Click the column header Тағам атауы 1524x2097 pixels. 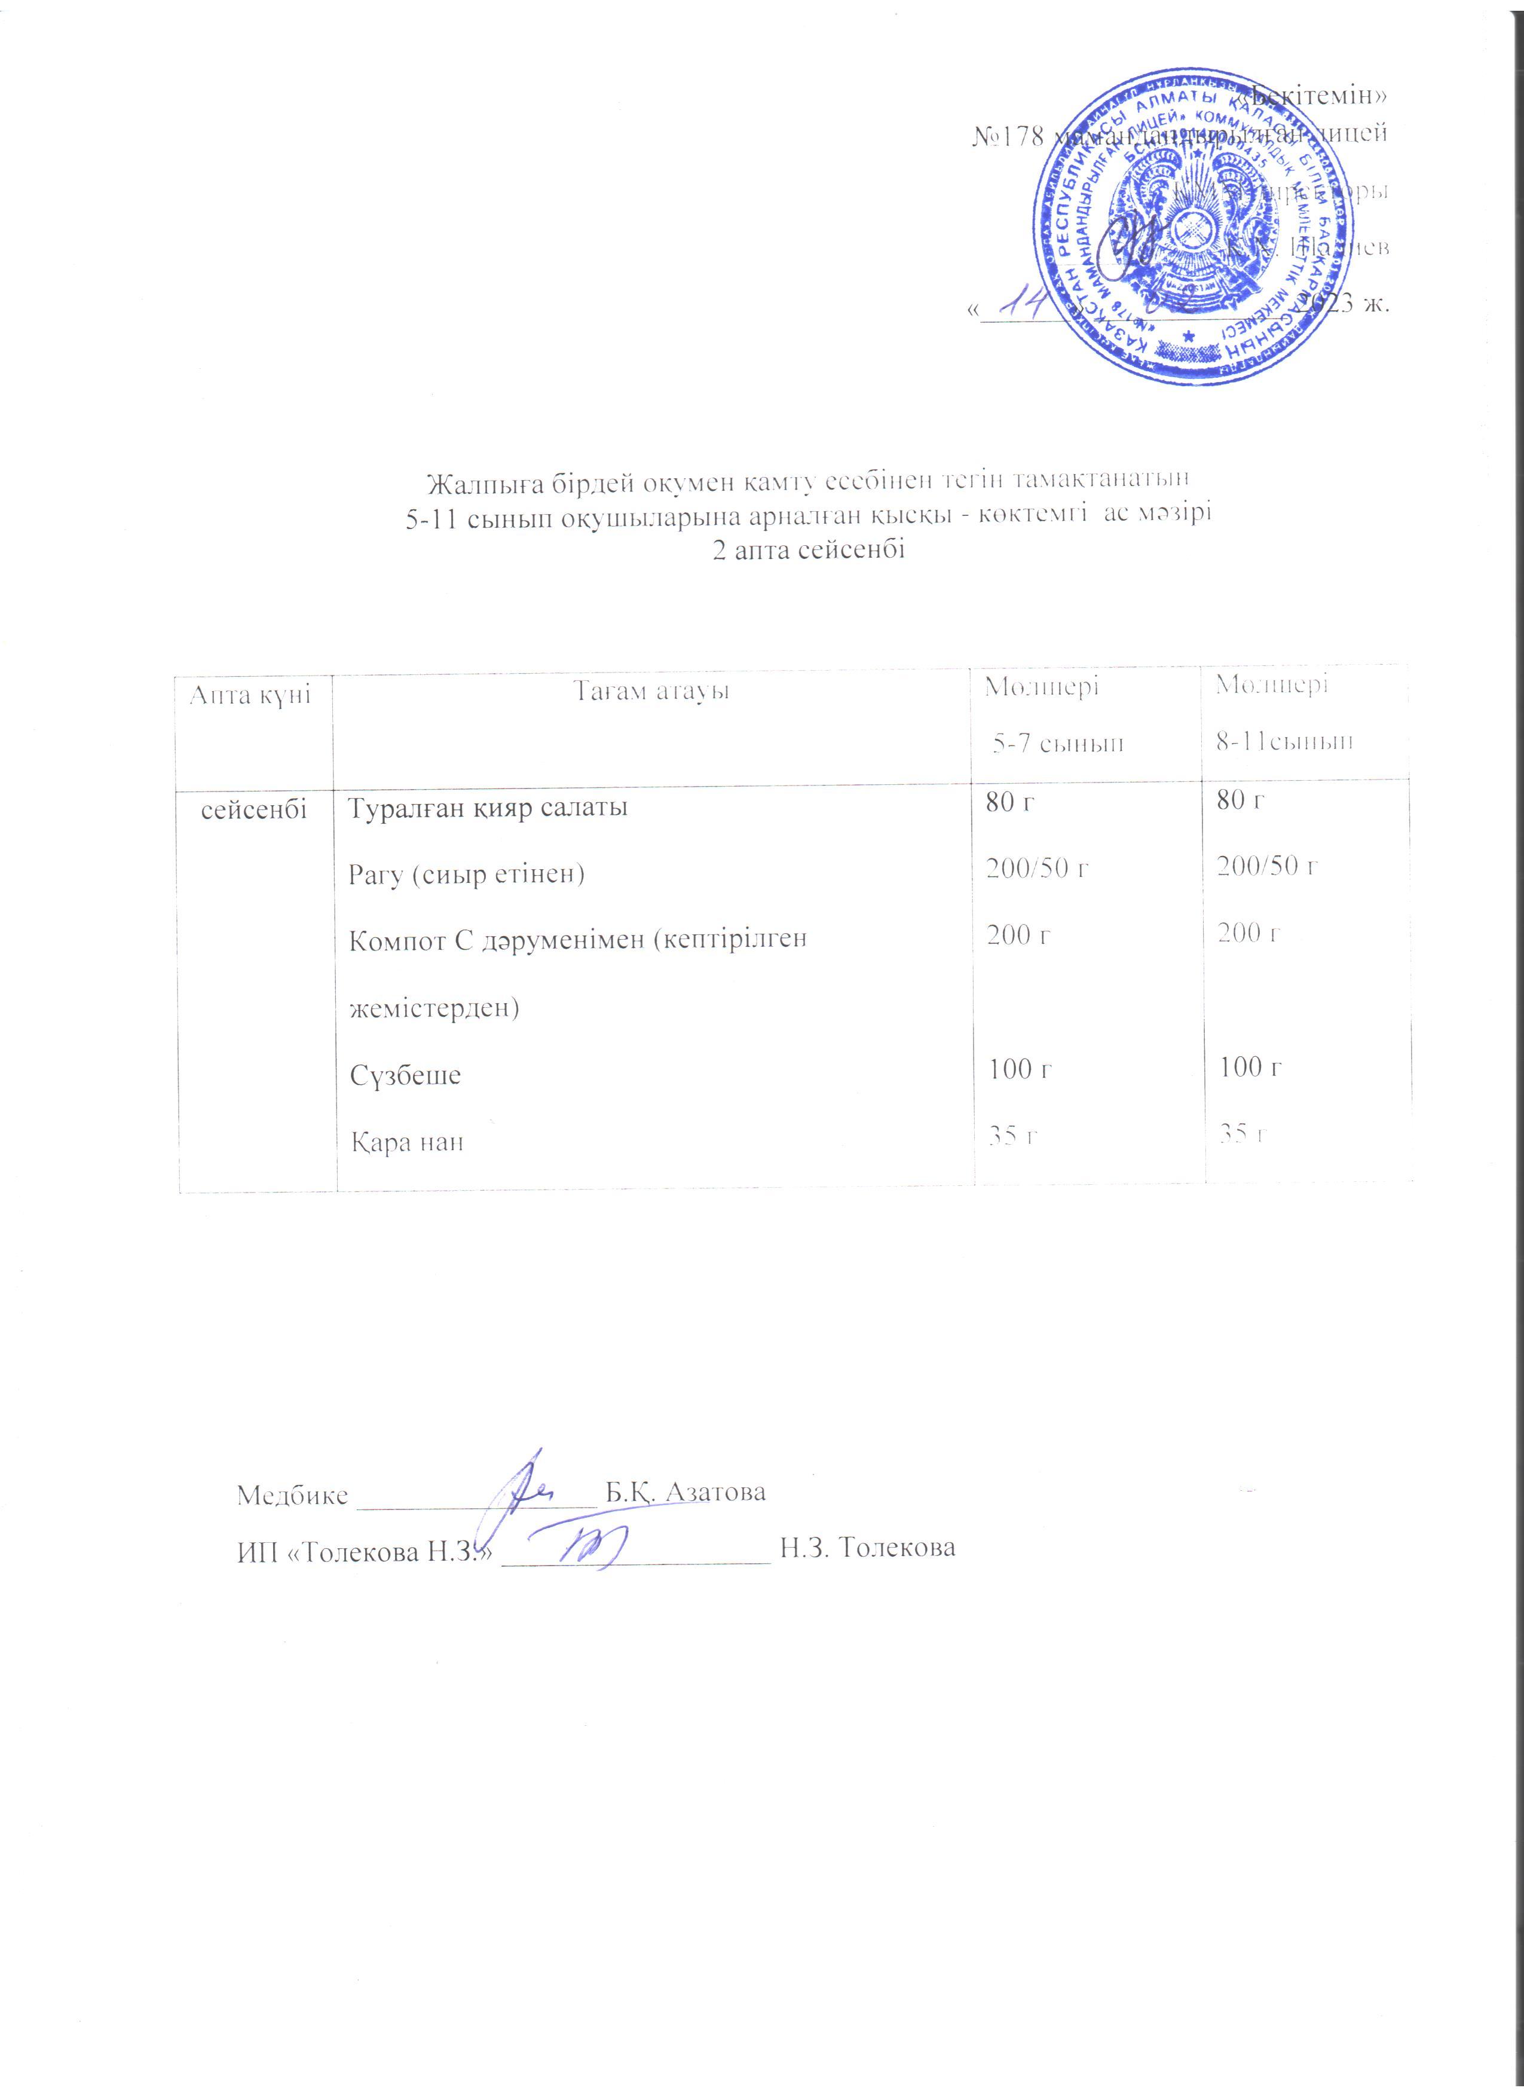click(x=651, y=690)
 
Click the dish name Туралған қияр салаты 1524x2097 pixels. click(x=487, y=807)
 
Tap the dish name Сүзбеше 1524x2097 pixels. click(x=406, y=1075)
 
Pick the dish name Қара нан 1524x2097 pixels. click(x=406, y=1142)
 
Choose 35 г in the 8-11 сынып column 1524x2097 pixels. click(x=1242, y=1133)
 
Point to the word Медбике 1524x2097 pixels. click(x=293, y=1495)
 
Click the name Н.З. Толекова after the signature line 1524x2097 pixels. click(x=868, y=1547)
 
